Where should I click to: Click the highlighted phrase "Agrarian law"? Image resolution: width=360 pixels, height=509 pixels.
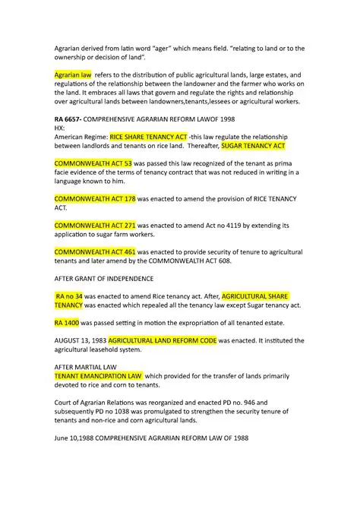point(72,75)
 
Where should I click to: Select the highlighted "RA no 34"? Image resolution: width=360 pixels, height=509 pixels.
point(69,296)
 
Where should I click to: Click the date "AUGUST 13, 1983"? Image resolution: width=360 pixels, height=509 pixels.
point(80,340)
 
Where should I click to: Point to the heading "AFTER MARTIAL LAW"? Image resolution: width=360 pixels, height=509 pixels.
point(85,366)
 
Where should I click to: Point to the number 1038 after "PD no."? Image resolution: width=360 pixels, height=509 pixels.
point(125,411)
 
